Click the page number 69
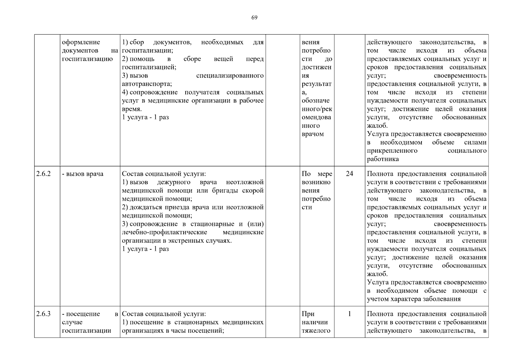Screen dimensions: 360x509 (254, 18)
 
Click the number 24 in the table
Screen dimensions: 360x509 (349, 174)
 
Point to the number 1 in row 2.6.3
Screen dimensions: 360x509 (349, 314)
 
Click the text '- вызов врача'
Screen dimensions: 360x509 (82, 174)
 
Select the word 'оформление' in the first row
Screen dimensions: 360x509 (81, 42)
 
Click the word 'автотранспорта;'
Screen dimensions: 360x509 (147, 84)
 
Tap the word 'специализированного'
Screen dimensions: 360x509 (230, 76)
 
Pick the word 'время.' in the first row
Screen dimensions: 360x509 (132, 109)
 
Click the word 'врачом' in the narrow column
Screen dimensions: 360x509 (313, 134)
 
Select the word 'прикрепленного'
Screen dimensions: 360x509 (392, 151)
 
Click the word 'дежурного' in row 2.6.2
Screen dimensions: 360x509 (174, 182)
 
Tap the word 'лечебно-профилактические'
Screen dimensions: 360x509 (164, 232)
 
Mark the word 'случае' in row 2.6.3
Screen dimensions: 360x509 (72, 322)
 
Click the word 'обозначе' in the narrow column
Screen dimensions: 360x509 (315, 101)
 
